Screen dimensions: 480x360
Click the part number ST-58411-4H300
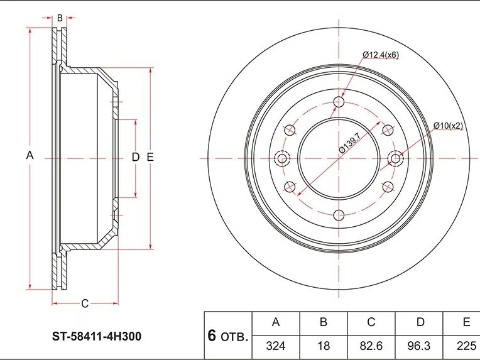(97, 336)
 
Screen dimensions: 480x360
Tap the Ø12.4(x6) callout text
(381, 55)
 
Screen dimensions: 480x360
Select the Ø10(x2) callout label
(448, 126)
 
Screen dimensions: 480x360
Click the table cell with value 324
(276, 346)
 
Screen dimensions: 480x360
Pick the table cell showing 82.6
(371, 346)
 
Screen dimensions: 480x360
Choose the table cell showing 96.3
(419, 346)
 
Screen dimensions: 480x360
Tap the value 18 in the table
(324, 346)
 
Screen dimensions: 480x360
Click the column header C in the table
(371, 322)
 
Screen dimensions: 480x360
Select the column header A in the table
(276, 322)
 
